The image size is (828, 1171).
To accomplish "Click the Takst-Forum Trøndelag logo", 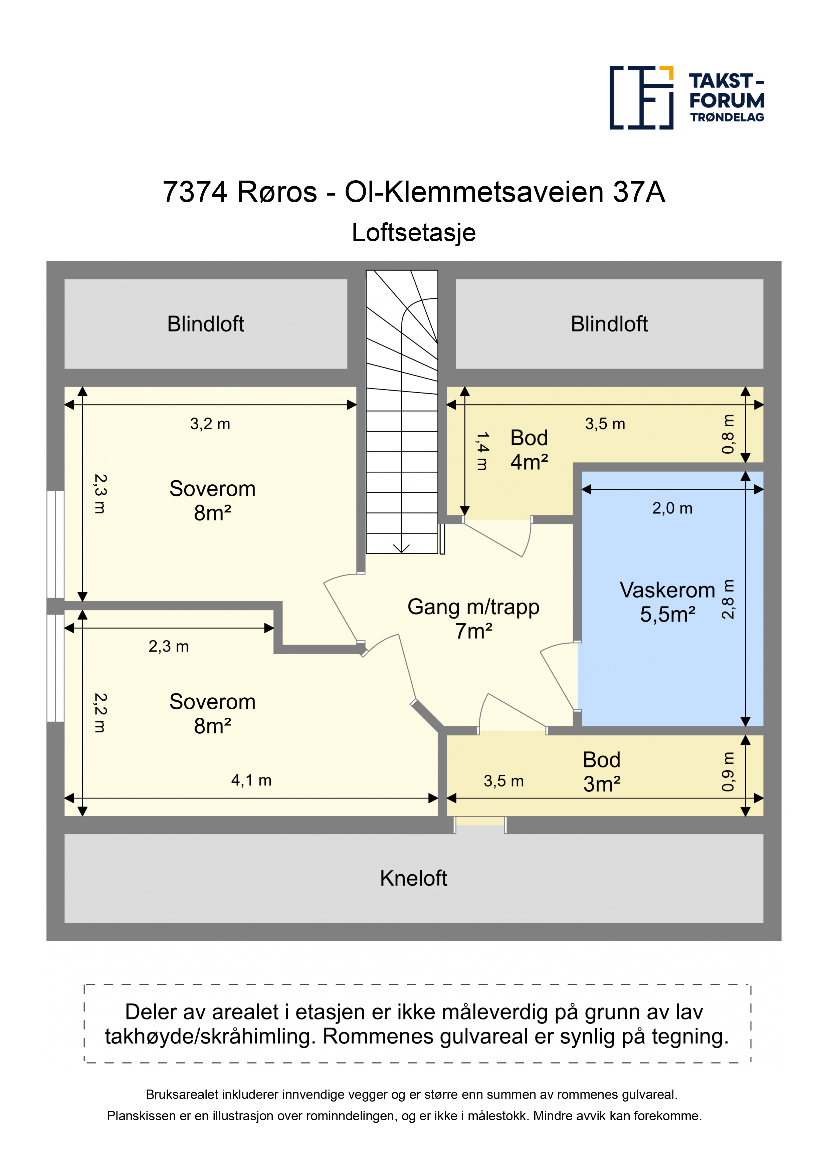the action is click(x=687, y=97).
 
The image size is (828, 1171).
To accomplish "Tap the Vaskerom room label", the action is click(x=667, y=602).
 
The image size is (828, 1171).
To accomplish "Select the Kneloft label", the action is click(x=413, y=878).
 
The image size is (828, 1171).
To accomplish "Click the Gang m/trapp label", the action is click(x=473, y=619).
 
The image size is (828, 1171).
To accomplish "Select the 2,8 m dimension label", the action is click(x=728, y=599).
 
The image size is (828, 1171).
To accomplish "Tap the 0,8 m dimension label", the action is click(x=728, y=434).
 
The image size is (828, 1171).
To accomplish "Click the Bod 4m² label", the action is click(x=529, y=450).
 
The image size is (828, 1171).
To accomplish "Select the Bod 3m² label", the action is click(x=602, y=772).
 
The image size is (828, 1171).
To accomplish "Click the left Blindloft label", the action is click(x=206, y=324).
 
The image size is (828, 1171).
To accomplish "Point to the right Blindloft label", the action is click(x=609, y=324).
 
